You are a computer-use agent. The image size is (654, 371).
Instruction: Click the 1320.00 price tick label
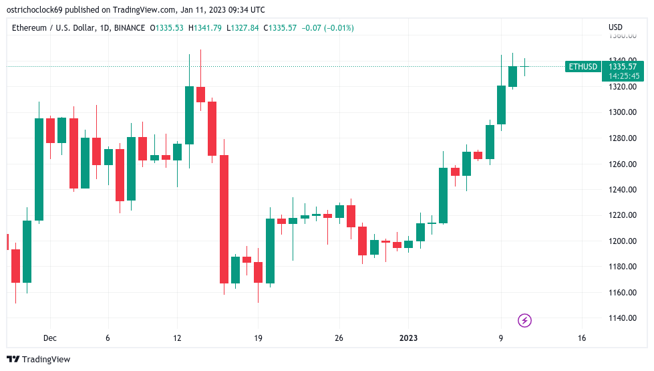[x=623, y=87]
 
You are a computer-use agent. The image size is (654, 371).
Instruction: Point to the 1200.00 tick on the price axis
[x=623, y=241]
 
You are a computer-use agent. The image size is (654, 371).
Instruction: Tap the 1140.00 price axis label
[x=623, y=318]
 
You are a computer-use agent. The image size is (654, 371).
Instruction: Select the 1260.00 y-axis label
[x=623, y=164]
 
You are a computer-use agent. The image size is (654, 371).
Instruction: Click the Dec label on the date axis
[x=50, y=338]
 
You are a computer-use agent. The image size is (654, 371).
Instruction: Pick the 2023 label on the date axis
[x=408, y=338]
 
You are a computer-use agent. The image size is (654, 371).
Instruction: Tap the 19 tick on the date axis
[x=258, y=338]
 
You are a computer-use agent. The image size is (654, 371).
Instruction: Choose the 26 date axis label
[x=339, y=338]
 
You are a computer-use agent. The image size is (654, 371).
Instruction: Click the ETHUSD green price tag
[x=583, y=67]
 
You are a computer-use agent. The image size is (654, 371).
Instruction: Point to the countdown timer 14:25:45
[x=623, y=76]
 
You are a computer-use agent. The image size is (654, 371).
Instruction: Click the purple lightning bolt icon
[x=524, y=320]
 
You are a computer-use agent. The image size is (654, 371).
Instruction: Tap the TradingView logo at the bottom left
[x=39, y=360]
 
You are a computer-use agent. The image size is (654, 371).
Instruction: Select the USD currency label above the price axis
[x=615, y=27]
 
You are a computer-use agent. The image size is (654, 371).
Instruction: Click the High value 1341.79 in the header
[x=205, y=28]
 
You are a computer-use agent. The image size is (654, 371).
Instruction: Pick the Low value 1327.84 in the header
[x=242, y=28]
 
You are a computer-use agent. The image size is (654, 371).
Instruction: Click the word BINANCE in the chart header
[x=130, y=28]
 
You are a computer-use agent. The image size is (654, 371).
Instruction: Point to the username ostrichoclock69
[x=35, y=9]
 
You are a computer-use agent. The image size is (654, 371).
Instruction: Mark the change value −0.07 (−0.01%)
[x=327, y=28]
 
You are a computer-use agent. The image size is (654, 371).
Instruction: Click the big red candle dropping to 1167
[x=224, y=219]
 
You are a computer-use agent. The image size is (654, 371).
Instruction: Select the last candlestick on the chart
[x=524, y=67]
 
